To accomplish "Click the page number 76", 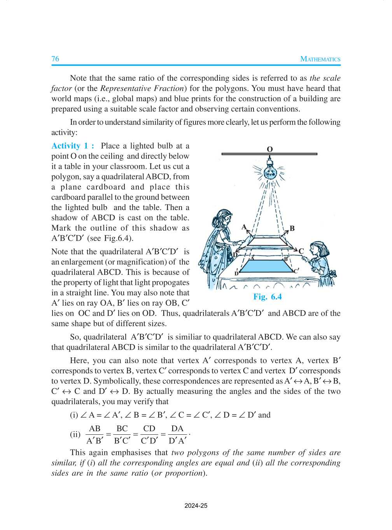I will (55, 59).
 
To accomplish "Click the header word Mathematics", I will (320, 59).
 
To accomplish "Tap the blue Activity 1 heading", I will (73, 146).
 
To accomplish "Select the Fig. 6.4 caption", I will (267, 297).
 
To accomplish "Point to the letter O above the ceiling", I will (269, 149).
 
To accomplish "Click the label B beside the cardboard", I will (292, 228).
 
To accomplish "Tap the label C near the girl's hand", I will (301, 251).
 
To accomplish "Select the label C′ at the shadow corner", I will (296, 271).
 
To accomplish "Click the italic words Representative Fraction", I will (142, 88).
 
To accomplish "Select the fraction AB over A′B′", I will (94, 434).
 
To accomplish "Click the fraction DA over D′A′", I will (177, 434).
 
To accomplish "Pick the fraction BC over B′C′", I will (122, 434).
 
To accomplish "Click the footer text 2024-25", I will (196, 506).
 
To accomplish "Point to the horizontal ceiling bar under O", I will (269, 154).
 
